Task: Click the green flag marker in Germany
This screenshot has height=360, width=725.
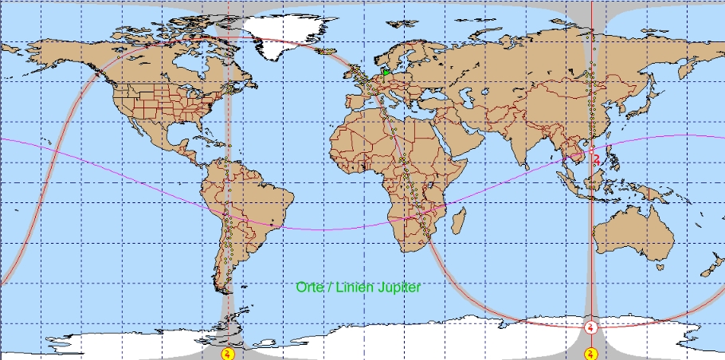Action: pyautogui.click(x=386, y=72)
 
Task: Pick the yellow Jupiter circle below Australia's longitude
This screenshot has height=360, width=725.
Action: pyautogui.click(x=591, y=352)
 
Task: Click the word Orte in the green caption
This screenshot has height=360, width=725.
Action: pyautogui.click(x=308, y=287)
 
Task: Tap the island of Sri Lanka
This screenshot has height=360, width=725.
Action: pyautogui.click(x=527, y=166)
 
